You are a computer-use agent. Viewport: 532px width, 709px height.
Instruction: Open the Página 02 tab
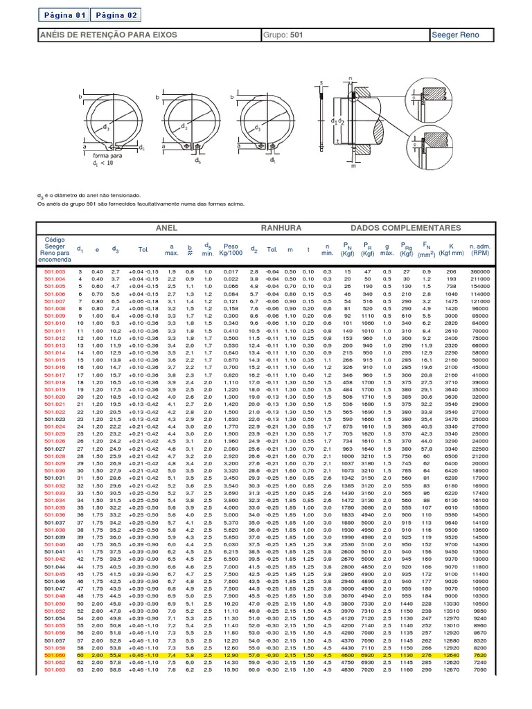(x=116, y=15)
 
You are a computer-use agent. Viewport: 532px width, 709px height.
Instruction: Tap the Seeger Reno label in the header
(x=454, y=35)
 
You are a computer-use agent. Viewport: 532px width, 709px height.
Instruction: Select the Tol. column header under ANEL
(x=143, y=250)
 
